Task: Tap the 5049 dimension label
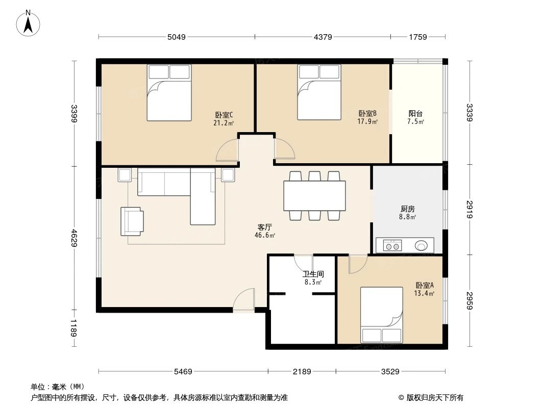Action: coord(176,37)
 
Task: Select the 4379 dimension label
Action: coord(323,37)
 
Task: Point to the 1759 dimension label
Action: coord(417,37)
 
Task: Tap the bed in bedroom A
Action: coord(382,315)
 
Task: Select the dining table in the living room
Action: coord(314,196)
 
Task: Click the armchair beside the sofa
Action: coord(132,221)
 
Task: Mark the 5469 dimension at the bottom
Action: coord(183,371)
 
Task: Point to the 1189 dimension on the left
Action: coord(75,328)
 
